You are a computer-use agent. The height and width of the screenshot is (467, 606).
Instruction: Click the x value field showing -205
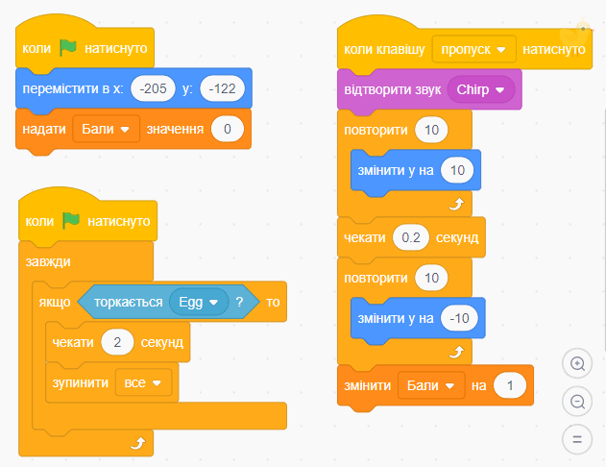click(153, 88)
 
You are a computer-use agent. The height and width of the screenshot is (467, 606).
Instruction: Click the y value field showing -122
click(222, 88)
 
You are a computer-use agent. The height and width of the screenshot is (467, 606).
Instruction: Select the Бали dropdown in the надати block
click(106, 129)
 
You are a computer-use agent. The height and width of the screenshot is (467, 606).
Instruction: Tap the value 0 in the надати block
click(228, 129)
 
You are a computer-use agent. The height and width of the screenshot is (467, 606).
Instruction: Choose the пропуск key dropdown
click(473, 49)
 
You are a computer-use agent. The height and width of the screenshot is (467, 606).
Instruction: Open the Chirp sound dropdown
click(481, 89)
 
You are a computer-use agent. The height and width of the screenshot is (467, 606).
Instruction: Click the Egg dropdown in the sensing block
click(199, 302)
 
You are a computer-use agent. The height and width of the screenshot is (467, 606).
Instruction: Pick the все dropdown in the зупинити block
click(143, 382)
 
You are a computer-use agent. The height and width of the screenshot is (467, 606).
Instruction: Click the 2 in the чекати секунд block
click(117, 342)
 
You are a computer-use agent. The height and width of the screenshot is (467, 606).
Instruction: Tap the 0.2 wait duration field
click(411, 237)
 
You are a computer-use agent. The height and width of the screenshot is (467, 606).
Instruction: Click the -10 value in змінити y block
click(459, 318)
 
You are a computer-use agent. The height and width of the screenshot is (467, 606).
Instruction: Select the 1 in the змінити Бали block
click(510, 385)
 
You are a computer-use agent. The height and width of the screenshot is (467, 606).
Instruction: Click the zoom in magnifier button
click(577, 363)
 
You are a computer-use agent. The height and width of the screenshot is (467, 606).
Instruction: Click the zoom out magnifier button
click(577, 402)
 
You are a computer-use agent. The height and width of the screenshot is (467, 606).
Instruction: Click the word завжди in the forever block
click(48, 261)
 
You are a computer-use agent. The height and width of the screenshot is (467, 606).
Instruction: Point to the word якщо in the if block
click(55, 302)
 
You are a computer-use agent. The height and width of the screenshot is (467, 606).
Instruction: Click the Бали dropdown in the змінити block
click(431, 385)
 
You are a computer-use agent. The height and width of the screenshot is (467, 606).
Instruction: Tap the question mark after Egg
click(240, 302)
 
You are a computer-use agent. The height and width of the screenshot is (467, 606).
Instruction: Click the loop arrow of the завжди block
click(138, 443)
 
